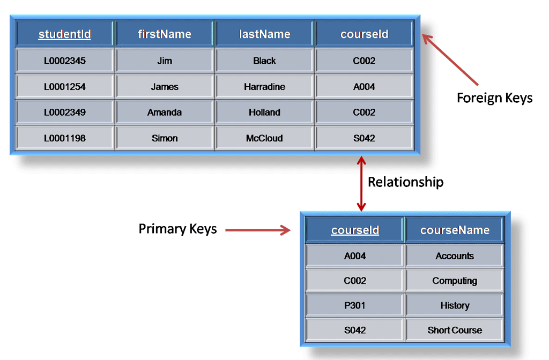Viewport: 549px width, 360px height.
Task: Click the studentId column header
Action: [64, 34]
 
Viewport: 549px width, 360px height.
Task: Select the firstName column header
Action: [165, 34]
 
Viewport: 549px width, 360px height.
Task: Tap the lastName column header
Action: [264, 34]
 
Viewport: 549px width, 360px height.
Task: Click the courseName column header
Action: [455, 230]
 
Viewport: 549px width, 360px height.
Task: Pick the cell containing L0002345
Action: [64, 61]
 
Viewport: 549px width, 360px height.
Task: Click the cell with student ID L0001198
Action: [64, 138]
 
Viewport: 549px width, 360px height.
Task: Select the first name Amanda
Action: [165, 112]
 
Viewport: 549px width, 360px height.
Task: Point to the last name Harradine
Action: [264, 87]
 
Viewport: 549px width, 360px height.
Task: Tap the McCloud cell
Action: [264, 138]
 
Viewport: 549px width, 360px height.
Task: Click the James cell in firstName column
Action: [165, 87]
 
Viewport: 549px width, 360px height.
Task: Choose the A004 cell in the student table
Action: [364, 87]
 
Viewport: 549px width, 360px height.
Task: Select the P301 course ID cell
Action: [355, 305]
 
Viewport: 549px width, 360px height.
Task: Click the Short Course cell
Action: [455, 330]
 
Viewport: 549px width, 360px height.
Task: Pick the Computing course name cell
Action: [455, 281]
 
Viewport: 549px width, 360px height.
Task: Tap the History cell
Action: [455, 305]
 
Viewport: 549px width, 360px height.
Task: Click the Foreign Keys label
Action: [494, 98]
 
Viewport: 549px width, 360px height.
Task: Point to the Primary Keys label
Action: [177, 229]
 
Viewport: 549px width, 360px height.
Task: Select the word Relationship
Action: [405, 182]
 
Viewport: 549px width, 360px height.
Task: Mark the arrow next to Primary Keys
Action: [257, 230]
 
